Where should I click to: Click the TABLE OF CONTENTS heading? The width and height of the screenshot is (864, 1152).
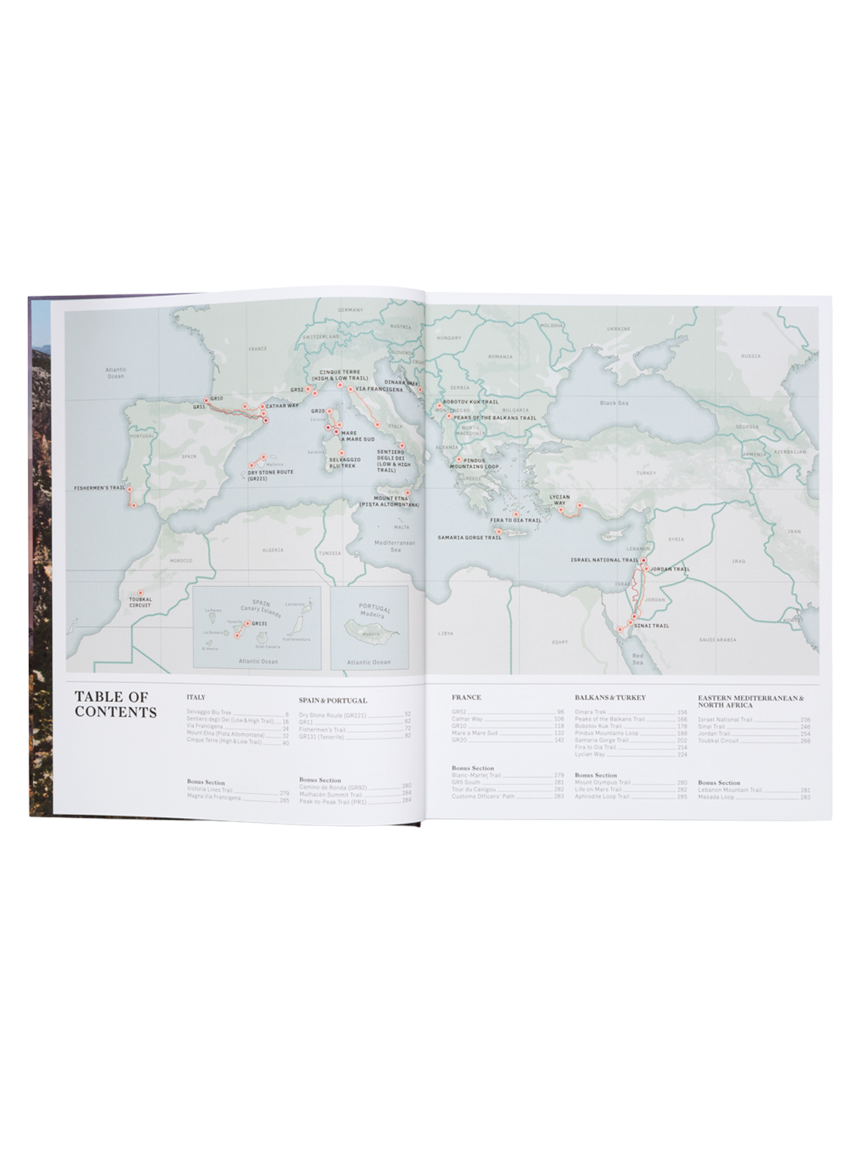click(115, 704)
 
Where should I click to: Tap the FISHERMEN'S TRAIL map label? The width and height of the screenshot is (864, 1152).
click(99, 488)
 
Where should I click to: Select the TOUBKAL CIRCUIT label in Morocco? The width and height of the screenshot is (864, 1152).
click(140, 602)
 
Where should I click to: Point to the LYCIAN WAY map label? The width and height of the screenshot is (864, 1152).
click(559, 499)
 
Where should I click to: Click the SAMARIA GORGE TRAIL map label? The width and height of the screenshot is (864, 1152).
click(469, 537)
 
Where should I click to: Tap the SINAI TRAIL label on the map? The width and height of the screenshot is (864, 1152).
click(651, 626)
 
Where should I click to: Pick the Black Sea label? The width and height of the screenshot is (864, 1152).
click(614, 402)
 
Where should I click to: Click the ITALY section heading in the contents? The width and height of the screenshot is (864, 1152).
click(196, 697)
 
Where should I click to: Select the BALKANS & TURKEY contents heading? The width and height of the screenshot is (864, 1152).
click(610, 697)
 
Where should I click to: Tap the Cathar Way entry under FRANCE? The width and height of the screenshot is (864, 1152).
click(467, 719)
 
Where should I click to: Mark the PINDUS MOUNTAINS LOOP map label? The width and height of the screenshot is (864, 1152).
click(481, 463)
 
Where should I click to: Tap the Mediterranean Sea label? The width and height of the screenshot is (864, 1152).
click(396, 545)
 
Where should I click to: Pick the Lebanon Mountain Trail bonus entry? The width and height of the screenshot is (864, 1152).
click(729, 790)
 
